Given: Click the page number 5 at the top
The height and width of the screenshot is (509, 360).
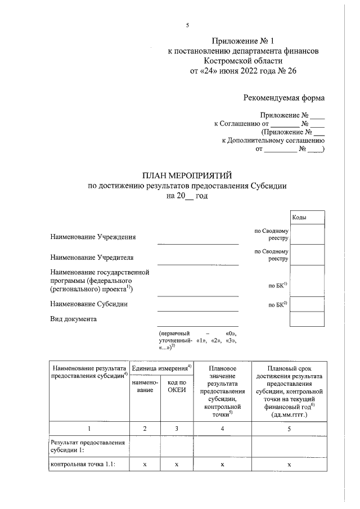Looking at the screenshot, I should click(x=188, y=25).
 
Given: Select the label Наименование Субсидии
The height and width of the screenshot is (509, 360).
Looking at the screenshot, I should click(x=88, y=304).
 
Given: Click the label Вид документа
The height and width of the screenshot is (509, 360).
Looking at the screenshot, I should click(x=73, y=319).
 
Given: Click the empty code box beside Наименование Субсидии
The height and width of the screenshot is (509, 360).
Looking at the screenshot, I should click(x=307, y=304).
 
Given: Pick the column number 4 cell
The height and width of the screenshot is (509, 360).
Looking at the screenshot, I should click(x=222, y=429).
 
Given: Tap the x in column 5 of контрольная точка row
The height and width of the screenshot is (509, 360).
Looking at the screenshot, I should click(x=289, y=465).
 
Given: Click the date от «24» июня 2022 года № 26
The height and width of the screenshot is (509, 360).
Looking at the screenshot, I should click(x=244, y=71).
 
